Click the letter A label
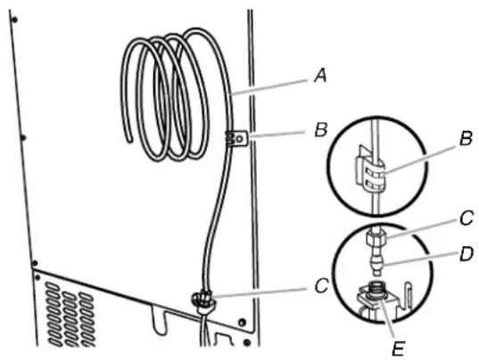tap(320, 76)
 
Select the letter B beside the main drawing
tap(321, 130)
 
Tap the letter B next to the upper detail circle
tap(466, 138)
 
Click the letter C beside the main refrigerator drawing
tap(322, 286)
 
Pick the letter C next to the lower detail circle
tap(467, 218)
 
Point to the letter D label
tap(467, 254)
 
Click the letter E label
tap(399, 348)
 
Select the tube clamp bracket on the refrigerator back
tap(236, 138)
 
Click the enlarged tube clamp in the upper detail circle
tap(370, 172)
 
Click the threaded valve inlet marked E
tap(376, 289)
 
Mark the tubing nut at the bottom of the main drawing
tap(202, 298)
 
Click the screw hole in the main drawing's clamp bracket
tap(240, 139)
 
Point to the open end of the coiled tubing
tap(130, 140)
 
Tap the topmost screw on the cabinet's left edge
tap(14, 20)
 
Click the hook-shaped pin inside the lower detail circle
tap(409, 293)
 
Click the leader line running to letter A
tap(268, 87)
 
